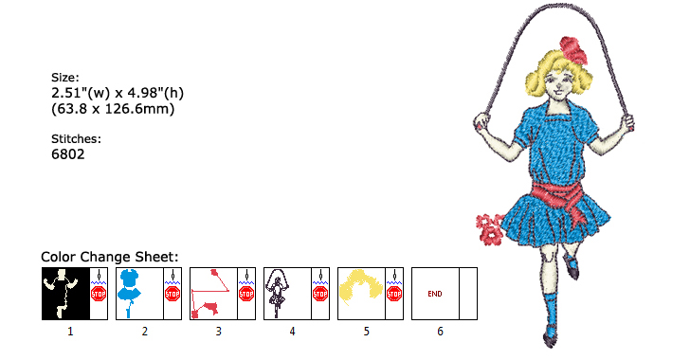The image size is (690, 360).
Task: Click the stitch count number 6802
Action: tap(68, 153)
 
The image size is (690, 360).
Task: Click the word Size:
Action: tap(65, 78)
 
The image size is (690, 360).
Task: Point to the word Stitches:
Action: tap(76, 138)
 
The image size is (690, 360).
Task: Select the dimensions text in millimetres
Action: tap(113, 109)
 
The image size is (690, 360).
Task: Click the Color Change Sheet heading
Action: tap(110, 257)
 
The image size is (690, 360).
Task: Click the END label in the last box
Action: tap(435, 294)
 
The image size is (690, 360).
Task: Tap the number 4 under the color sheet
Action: tap(292, 332)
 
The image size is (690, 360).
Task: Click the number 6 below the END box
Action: tap(440, 332)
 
